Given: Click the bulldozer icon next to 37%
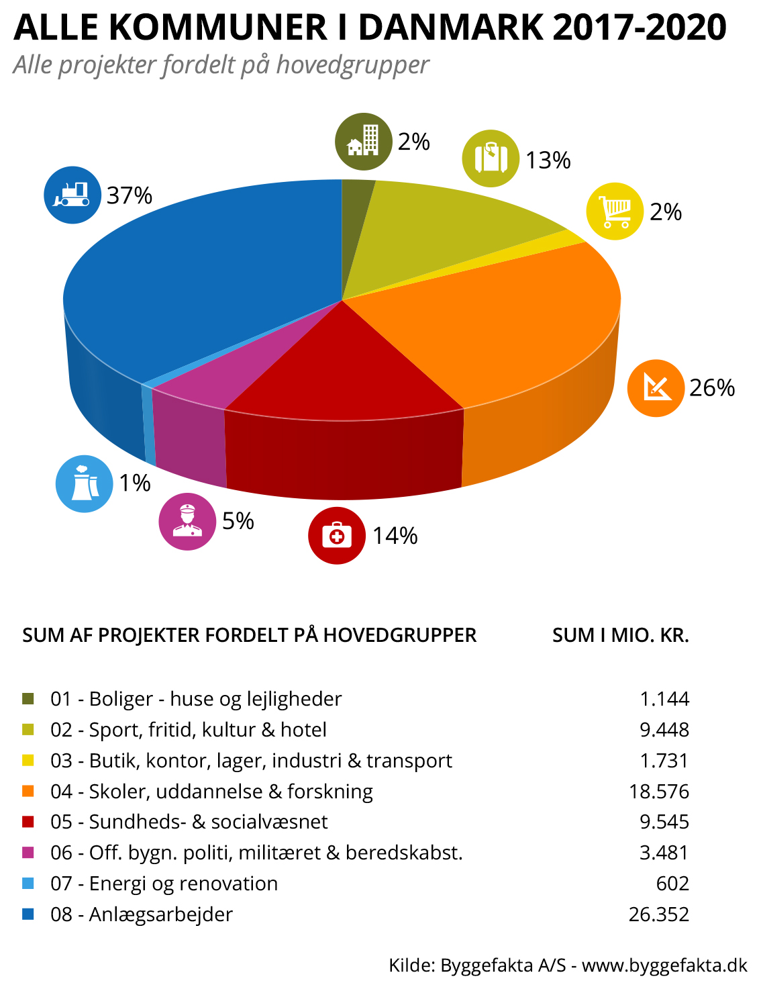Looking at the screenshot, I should [x=72, y=195].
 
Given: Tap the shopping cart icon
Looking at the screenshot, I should [x=615, y=211].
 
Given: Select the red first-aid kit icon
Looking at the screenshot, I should [x=336, y=536].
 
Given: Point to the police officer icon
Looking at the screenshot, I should [x=187, y=522].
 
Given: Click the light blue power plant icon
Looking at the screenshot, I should [x=84, y=483].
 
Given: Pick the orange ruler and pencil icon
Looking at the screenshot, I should [x=656, y=388].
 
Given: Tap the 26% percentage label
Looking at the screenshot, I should [x=712, y=388].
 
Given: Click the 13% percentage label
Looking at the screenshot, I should [x=548, y=160].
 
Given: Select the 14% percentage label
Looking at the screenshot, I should [x=395, y=536].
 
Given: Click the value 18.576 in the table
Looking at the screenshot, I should [x=658, y=792].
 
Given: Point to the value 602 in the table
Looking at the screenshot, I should [x=672, y=884].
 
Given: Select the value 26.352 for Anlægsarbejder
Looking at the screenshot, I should [x=658, y=914].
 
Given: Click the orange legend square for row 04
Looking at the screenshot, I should [x=28, y=792].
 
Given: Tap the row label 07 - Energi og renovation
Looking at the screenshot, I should [x=164, y=884].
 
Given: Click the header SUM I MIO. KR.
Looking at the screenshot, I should [x=620, y=635].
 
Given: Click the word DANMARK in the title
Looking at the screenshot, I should [x=452, y=27].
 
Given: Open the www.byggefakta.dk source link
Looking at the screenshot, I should [x=664, y=966].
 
